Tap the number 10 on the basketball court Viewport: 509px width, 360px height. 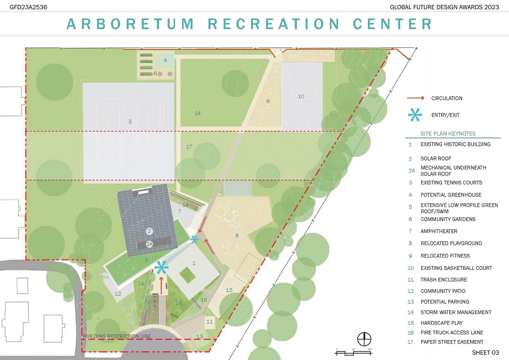[301, 96]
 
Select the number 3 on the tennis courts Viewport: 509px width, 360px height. [130, 121]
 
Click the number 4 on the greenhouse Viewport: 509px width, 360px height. [165, 61]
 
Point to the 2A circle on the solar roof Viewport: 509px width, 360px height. [150, 244]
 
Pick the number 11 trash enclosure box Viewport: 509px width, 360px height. [210, 322]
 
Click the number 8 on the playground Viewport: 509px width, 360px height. [237, 236]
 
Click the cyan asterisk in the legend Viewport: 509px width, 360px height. [415, 115]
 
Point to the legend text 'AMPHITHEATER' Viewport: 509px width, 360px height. [439, 231]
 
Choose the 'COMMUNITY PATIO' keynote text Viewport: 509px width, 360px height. [443, 291]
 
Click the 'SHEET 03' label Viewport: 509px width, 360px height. [485, 352]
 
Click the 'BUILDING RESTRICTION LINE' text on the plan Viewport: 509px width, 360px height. [117, 336]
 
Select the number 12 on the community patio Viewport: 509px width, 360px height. [118, 294]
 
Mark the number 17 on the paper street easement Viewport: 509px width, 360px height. [189, 147]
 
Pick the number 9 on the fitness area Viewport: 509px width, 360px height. [268, 101]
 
